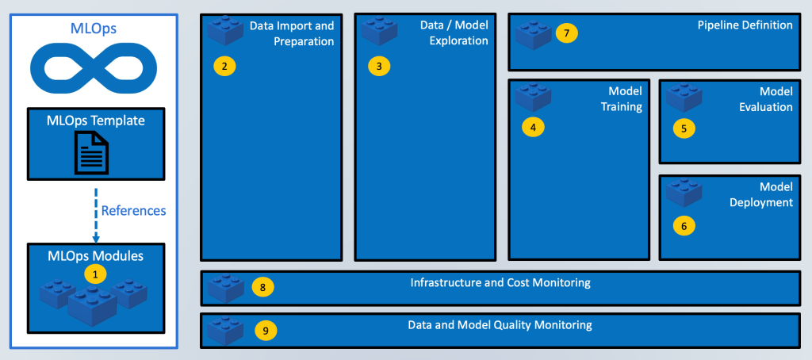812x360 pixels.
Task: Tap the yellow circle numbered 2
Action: click(224, 66)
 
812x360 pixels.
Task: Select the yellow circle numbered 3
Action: click(379, 66)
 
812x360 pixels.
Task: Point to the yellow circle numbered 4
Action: click(533, 126)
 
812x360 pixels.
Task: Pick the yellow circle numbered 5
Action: click(684, 126)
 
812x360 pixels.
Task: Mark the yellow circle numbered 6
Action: click(684, 225)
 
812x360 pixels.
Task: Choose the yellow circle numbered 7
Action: click(566, 33)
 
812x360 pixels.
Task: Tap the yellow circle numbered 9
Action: click(266, 331)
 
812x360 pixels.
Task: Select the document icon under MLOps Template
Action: click(95, 151)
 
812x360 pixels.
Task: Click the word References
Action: click(133, 211)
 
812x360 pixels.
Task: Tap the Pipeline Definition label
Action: click(745, 25)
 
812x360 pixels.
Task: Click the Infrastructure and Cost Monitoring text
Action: click(500, 282)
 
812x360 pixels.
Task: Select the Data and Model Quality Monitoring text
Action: click(500, 325)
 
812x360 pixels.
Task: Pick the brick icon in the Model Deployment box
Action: click(684, 193)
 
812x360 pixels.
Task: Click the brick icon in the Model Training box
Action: click(533, 95)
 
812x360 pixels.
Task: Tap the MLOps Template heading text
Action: click(95, 121)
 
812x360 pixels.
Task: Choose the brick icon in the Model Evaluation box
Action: click(684, 95)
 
